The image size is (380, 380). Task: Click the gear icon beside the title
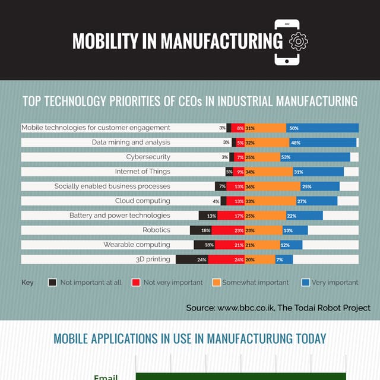click(x=298, y=41)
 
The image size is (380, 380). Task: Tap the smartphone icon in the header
click(x=287, y=42)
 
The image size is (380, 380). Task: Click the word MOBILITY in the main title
click(x=103, y=41)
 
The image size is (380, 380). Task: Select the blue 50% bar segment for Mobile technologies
click(x=323, y=128)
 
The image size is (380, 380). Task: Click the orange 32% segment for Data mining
click(x=267, y=142)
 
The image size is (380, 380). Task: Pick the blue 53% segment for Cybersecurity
click(x=315, y=157)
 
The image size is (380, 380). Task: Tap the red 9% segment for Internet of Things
click(x=239, y=172)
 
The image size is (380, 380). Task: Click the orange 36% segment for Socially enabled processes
click(x=272, y=186)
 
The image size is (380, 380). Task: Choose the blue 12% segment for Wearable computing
click(x=291, y=245)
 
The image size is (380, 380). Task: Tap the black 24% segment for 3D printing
click(x=192, y=259)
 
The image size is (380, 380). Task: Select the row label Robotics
click(x=156, y=230)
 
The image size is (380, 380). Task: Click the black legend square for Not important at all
click(x=52, y=283)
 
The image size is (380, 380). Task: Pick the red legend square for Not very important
click(x=136, y=283)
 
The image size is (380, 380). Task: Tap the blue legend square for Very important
click(x=305, y=283)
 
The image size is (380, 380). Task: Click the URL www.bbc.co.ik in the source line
click(x=245, y=308)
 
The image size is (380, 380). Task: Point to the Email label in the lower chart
click(x=106, y=376)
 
